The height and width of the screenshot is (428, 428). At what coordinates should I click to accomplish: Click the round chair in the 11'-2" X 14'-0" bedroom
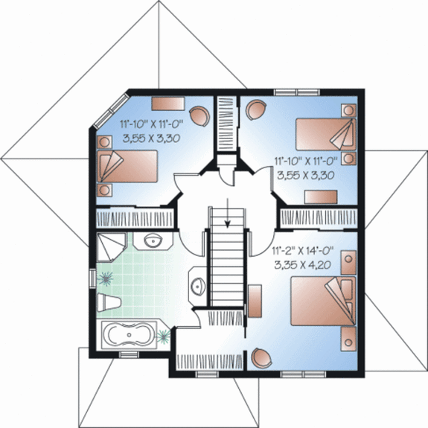[262, 357]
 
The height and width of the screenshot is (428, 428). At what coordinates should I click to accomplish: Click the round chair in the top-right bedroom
[255, 109]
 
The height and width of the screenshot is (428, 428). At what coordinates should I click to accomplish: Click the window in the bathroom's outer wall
[92, 278]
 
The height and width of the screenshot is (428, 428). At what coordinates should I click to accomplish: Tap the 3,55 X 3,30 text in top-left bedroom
[152, 138]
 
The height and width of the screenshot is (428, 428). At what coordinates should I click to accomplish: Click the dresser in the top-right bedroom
[321, 197]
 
